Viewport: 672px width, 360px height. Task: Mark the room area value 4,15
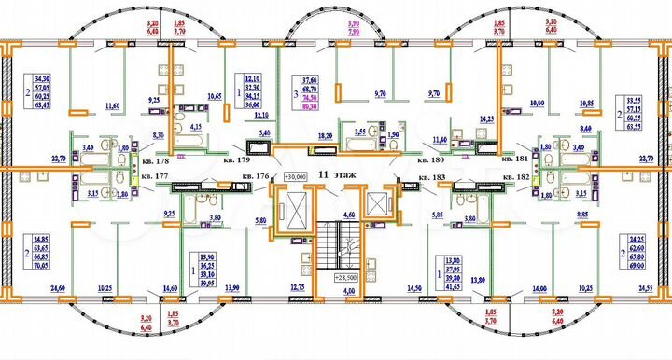[x=198, y=125]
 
